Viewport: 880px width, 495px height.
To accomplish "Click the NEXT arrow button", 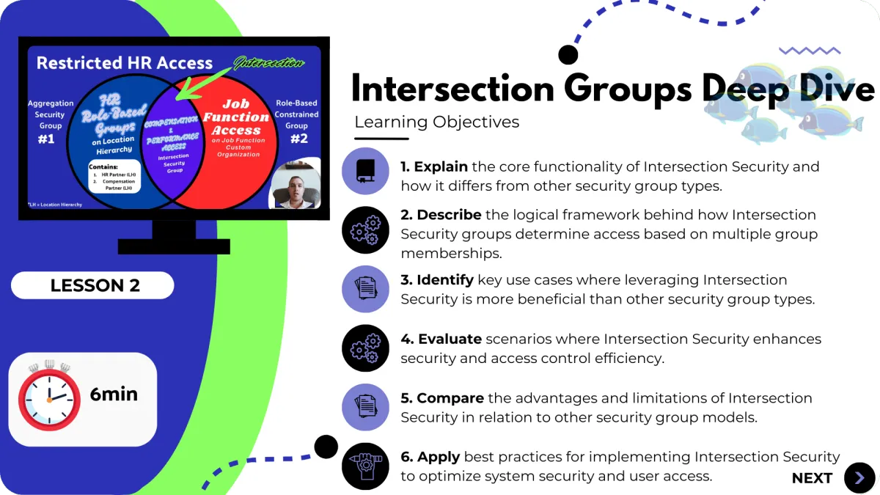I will [859, 478].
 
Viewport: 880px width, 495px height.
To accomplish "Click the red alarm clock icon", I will [49, 396].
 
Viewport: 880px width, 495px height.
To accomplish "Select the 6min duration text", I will [114, 394].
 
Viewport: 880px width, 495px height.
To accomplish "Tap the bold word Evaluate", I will [450, 339].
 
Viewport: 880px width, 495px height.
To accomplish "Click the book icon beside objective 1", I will [365, 171].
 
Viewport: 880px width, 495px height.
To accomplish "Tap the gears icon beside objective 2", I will [365, 230].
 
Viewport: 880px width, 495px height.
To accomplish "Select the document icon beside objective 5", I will [365, 407].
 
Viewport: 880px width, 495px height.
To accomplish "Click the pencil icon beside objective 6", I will [365, 466].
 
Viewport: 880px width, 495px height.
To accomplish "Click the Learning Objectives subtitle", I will [436, 122].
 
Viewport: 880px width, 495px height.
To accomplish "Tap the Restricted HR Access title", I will [124, 63].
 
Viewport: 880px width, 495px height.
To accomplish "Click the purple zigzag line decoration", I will [809, 51].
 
